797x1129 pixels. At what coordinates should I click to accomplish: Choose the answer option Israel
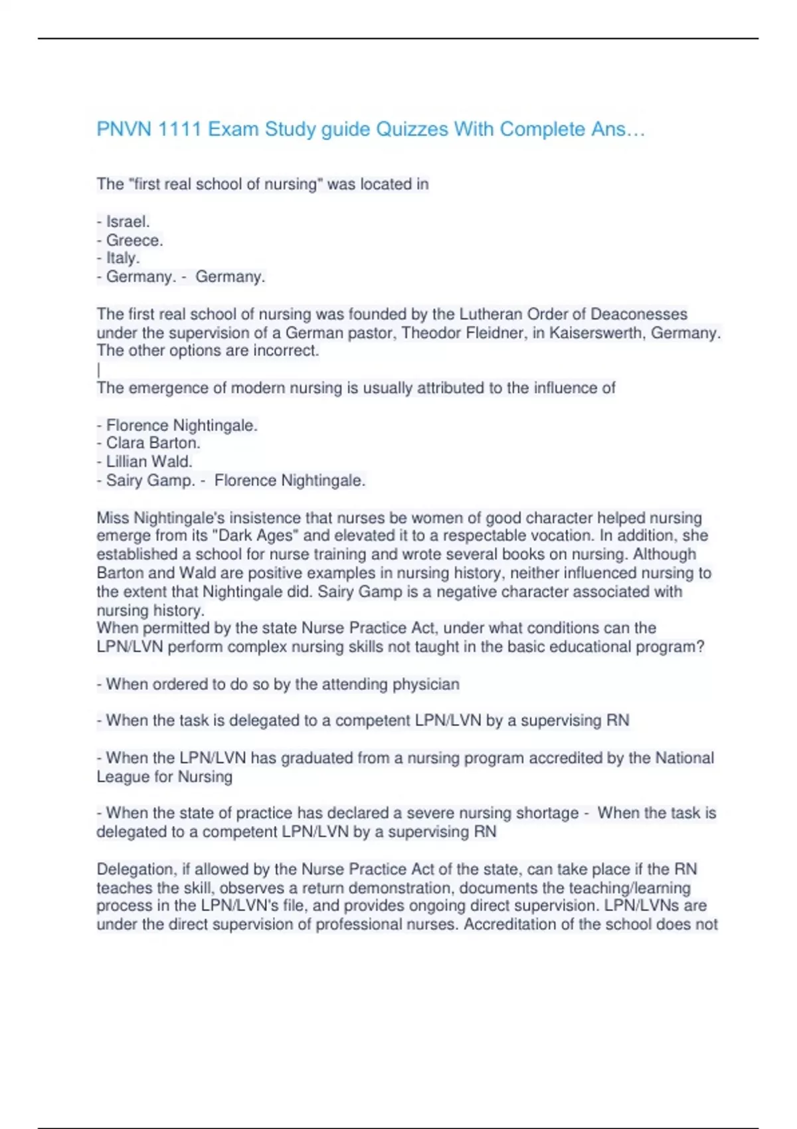128,222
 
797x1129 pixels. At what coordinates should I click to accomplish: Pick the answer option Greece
134,240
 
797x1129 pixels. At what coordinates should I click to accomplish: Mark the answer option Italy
123,258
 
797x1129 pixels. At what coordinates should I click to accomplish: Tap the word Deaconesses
639,314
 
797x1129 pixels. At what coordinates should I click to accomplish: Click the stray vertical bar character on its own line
98,369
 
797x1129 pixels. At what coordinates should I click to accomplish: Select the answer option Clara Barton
153,443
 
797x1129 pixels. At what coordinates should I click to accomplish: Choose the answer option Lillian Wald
149,462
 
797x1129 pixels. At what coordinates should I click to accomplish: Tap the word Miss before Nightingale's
113,518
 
